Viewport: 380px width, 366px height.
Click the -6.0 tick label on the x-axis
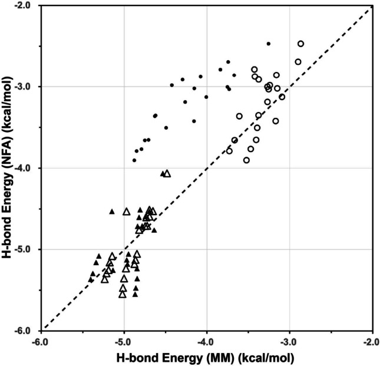click(41, 340)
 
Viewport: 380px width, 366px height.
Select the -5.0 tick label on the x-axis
click(124, 340)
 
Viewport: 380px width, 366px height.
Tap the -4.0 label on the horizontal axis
click(206, 340)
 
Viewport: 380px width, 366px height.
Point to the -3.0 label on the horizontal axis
click(289, 340)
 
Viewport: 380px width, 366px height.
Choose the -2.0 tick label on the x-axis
click(371, 340)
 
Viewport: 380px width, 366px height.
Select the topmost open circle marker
click(300, 44)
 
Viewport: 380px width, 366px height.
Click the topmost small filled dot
click(269, 44)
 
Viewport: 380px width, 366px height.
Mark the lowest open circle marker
click(246, 160)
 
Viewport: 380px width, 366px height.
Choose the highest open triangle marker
click(167, 173)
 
